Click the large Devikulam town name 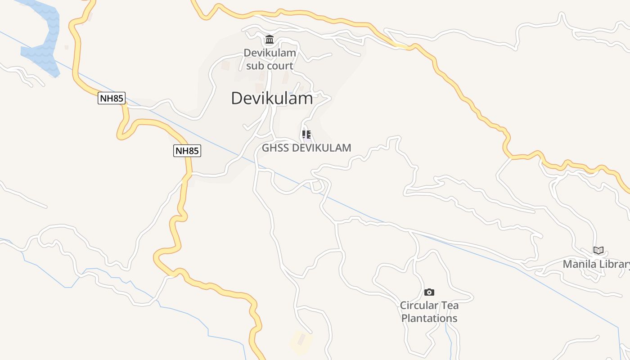pos(272,98)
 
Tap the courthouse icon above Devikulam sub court pos(270,40)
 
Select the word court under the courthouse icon pos(279,66)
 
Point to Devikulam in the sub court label pos(270,53)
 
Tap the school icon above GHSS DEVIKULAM pos(306,134)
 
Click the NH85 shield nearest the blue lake pos(111,98)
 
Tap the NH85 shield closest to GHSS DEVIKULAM pos(187,151)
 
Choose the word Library pos(615,264)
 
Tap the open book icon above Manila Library pos(598,251)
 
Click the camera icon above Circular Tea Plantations pos(429,292)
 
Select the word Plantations pos(429,318)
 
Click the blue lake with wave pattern pos(43,40)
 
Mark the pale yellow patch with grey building pos(301,341)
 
